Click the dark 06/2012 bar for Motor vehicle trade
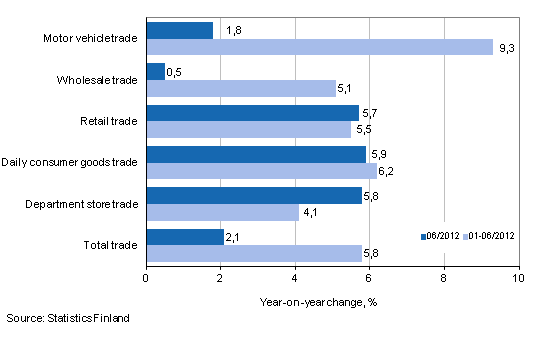[180, 31]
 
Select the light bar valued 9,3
[319, 47]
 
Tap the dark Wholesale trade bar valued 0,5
[156, 72]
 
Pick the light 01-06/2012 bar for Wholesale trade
[241, 88]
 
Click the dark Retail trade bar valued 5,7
[252, 113]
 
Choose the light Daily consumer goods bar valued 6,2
[262, 171]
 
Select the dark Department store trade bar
[254, 196]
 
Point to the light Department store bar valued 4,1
[222, 212]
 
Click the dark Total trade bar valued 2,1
[185, 237]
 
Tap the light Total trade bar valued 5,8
[254, 253]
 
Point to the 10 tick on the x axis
[518, 277]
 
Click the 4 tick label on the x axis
[295, 277]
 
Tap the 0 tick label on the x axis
[147, 277]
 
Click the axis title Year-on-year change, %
[332, 299]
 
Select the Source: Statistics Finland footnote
[66, 318]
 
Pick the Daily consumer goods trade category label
[70, 162]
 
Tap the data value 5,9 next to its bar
[378, 155]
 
